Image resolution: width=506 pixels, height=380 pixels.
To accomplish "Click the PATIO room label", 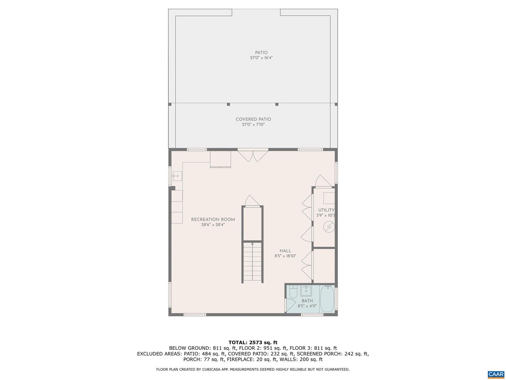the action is (261, 53).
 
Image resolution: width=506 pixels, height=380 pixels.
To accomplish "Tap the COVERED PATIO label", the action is (253, 119).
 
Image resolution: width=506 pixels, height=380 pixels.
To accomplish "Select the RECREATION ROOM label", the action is (213, 220).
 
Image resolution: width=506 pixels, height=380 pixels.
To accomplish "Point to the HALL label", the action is (285, 251).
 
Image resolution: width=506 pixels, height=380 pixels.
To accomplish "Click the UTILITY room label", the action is (326, 210).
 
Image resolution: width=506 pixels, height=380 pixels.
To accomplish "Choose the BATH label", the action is (307, 300).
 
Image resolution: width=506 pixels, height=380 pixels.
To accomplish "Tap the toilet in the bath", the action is (293, 292).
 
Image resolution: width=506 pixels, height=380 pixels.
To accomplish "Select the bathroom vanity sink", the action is (306, 291).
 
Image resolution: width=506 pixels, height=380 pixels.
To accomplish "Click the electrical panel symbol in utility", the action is (329, 227).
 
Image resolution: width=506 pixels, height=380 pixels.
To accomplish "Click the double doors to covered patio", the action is (253, 156).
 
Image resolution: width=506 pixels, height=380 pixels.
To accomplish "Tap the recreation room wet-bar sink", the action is (177, 176).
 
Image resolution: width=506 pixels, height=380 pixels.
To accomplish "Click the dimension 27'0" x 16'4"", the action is (261, 58).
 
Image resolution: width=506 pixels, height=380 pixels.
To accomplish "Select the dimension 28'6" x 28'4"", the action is (213, 225).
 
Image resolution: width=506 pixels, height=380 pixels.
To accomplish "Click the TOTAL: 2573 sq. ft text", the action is (253, 342).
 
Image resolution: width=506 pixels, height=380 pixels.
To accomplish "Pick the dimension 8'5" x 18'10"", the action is (285, 256).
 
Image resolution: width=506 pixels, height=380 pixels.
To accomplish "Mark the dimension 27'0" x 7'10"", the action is (253, 125).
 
